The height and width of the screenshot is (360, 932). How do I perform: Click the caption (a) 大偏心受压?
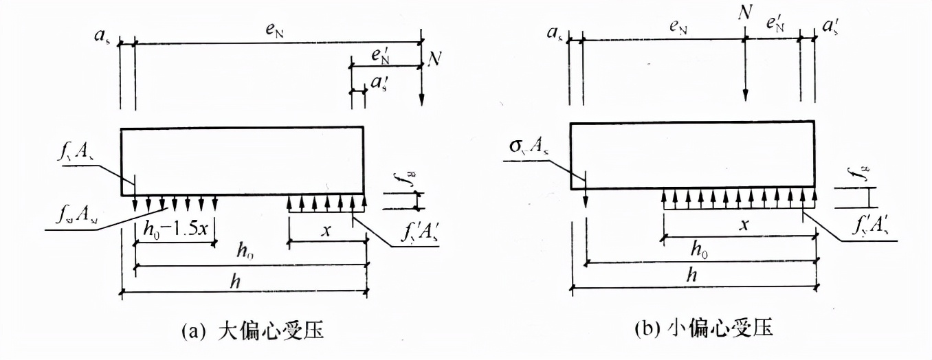click(x=252, y=332)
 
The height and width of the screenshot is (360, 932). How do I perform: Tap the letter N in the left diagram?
click(x=434, y=60)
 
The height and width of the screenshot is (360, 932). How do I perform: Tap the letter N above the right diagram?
click(x=744, y=12)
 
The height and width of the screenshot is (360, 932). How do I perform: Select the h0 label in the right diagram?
click(x=700, y=250)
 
